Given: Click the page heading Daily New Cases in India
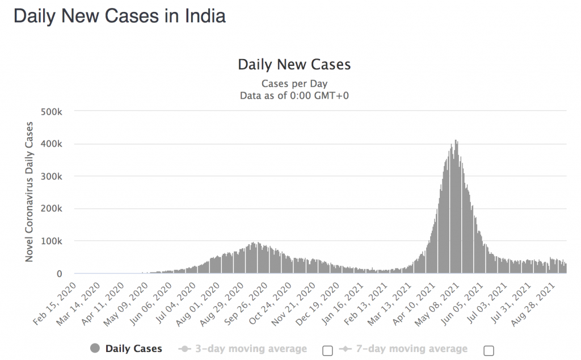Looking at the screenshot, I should (120, 16).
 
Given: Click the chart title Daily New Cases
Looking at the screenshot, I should (294, 64).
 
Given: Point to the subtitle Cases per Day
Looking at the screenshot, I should (294, 84).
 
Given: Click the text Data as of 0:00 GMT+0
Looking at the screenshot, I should (294, 95).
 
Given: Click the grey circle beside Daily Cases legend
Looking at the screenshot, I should (95, 349).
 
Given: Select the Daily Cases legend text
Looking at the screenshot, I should (133, 349).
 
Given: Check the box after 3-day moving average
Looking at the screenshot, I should (327, 350).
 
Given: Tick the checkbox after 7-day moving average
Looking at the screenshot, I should (489, 350).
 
